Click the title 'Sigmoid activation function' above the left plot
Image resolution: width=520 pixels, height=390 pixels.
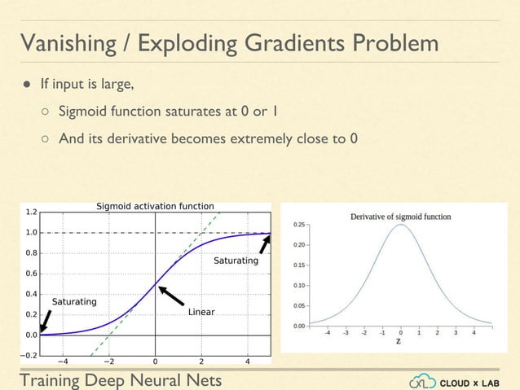[156, 206]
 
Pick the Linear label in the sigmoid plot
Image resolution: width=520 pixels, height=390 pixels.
[201, 312]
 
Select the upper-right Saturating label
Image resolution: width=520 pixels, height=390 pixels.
[236, 261]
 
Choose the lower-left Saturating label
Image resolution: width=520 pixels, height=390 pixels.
[74, 302]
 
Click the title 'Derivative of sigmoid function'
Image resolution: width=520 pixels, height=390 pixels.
[400, 217]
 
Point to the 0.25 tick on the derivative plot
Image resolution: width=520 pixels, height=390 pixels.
[299, 224]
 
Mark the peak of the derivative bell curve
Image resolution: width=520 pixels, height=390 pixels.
[400, 226]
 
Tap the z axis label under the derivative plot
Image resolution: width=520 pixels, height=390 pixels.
[399, 341]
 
